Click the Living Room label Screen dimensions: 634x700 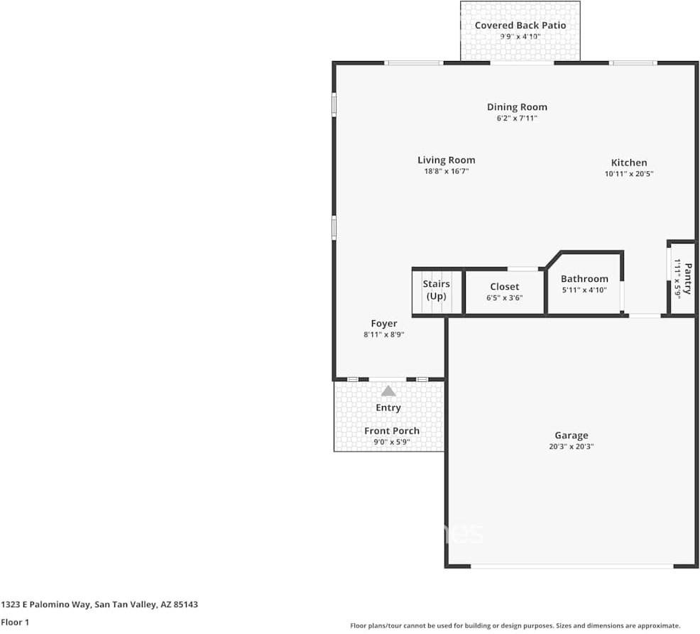[446, 160]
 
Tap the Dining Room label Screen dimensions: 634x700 [517, 107]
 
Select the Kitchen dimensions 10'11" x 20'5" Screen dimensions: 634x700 [629, 173]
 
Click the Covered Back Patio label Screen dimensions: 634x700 [520, 26]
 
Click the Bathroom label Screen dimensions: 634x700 [584, 279]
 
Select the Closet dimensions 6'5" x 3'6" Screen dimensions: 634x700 [504, 298]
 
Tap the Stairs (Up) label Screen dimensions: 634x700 [437, 290]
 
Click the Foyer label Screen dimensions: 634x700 [384, 324]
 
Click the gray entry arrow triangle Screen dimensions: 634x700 [388, 390]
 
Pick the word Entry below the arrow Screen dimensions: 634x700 [388, 408]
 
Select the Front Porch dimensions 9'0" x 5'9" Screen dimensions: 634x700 [392, 442]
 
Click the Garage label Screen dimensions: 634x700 [572, 436]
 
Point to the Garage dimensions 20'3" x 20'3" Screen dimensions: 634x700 [572, 447]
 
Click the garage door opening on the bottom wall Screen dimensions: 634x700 [572, 566]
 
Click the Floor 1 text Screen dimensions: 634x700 [15, 623]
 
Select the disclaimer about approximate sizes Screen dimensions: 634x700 [515, 625]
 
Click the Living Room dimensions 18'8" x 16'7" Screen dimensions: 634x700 [446, 171]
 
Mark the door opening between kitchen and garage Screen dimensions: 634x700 [645, 315]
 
